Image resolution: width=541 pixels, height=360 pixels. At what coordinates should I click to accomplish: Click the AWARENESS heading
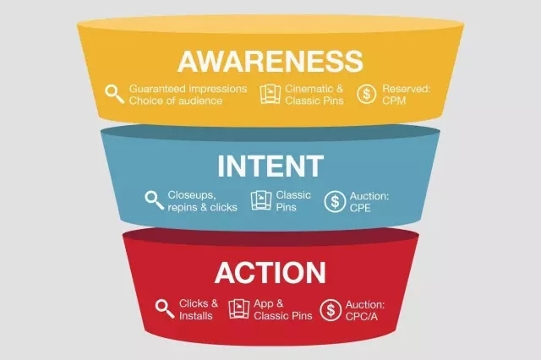click(x=270, y=61)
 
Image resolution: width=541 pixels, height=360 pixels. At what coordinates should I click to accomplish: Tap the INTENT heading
click(x=270, y=166)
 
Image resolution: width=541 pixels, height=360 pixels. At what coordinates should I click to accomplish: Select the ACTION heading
click(x=270, y=272)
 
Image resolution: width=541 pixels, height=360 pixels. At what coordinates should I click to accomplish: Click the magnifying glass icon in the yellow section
click(x=115, y=94)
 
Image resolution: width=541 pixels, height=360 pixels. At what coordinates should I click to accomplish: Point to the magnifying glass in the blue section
click(x=154, y=199)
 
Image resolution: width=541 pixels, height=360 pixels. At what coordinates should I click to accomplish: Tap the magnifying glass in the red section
click(x=165, y=308)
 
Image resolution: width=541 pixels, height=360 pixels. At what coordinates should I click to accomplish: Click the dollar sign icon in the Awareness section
click(x=366, y=94)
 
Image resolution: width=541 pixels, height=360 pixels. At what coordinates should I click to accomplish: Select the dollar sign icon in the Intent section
click(x=335, y=201)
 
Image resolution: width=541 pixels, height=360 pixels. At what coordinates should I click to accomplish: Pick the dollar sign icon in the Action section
click(x=331, y=309)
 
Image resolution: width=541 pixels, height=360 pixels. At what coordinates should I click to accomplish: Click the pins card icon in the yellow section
click(x=270, y=94)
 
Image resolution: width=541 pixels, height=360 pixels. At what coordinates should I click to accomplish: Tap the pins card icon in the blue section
click(x=261, y=200)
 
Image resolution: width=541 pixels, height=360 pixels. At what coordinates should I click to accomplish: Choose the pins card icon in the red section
click(x=239, y=308)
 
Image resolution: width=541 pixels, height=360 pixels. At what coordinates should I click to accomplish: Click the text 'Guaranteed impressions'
click(x=188, y=89)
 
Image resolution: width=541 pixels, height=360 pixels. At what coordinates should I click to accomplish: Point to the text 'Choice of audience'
click(x=176, y=101)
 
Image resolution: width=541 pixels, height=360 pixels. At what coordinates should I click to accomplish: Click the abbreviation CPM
click(x=394, y=101)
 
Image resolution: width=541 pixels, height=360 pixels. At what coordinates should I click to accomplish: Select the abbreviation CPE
click(x=360, y=208)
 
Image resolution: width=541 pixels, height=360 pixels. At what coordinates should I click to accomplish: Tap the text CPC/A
click(x=362, y=316)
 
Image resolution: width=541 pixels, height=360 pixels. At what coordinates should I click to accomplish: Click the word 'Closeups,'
click(x=192, y=195)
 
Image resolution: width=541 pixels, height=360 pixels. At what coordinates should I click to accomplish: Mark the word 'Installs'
click(x=196, y=316)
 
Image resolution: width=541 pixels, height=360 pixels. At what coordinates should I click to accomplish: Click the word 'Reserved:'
click(x=406, y=89)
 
